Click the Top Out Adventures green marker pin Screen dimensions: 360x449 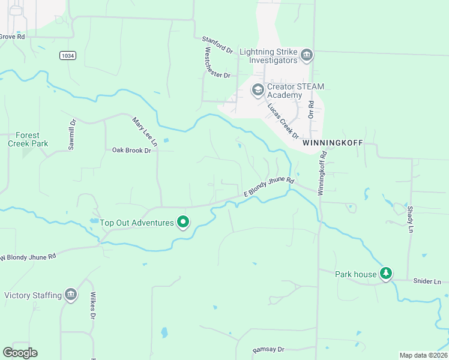pyautogui.click(x=183, y=223)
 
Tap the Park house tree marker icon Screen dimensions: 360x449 pyautogui.click(x=386, y=274)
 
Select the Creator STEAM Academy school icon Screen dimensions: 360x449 pyautogui.click(x=258, y=90)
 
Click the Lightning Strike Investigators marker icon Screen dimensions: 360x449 pyautogui.click(x=307, y=56)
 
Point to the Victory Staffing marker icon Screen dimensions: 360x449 pyautogui.click(x=71, y=295)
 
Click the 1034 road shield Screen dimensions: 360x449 pyautogui.click(x=68, y=55)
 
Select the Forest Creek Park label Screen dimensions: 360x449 pyautogui.click(x=28, y=139)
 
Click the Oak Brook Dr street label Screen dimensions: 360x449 pyautogui.click(x=131, y=150)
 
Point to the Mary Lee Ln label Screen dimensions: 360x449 pyautogui.click(x=145, y=131)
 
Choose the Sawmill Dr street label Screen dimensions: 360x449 pyautogui.click(x=73, y=134)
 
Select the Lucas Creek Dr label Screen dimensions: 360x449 pyautogui.click(x=283, y=120)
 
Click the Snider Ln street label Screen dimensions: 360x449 pyautogui.click(x=427, y=281)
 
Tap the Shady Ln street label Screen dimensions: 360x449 pyautogui.click(x=411, y=219)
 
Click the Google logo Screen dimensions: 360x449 pyautogui.click(x=20, y=353)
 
